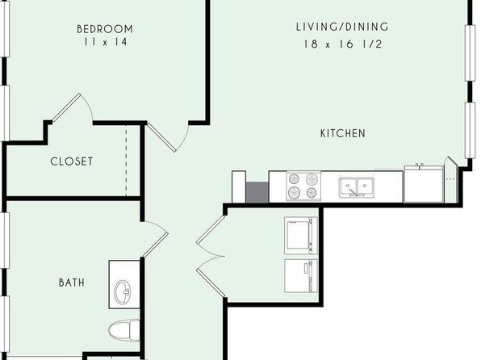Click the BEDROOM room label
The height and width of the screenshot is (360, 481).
tap(105, 29)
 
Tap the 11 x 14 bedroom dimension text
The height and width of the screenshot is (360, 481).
tap(105, 42)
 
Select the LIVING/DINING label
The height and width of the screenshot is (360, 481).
tap(342, 27)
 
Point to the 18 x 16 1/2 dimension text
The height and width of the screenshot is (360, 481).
tap(343, 44)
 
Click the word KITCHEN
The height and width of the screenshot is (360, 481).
tap(343, 133)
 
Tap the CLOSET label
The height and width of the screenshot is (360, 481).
tap(72, 161)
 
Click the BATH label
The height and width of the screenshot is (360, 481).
tap(72, 283)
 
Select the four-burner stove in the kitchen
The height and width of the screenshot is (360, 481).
tap(303, 186)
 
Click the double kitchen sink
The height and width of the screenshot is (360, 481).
tap(357, 187)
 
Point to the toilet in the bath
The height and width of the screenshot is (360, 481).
tap(124, 330)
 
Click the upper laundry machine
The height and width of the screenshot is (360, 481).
tap(300, 236)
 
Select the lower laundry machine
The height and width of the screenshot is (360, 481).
tap(300, 276)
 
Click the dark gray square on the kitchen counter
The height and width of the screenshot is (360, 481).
tap(257, 192)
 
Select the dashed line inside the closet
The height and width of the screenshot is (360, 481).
tap(126, 161)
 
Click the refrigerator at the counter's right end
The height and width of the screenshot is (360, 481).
tap(424, 184)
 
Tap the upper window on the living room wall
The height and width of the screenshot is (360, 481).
tap(470, 53)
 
